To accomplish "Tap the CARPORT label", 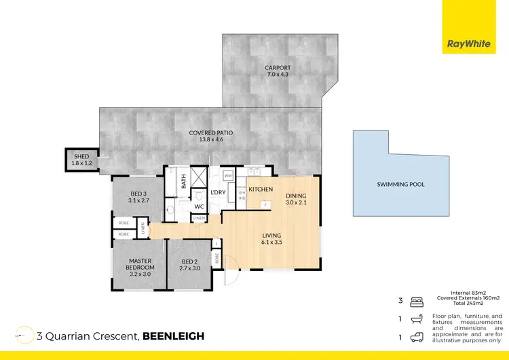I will click(278, 68).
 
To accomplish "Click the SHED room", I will click(81, 160).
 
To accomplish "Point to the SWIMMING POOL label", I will click(400, 184).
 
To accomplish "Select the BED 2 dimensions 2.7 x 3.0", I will click(190, 268).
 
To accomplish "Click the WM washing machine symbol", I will click(227, 176).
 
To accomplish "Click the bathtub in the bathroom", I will click(172, 182).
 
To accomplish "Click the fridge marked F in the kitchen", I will click(266, 202).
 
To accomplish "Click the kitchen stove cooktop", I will click(242, 194).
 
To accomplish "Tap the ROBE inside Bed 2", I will click(216, 257).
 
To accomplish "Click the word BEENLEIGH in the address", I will click(173, 336).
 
